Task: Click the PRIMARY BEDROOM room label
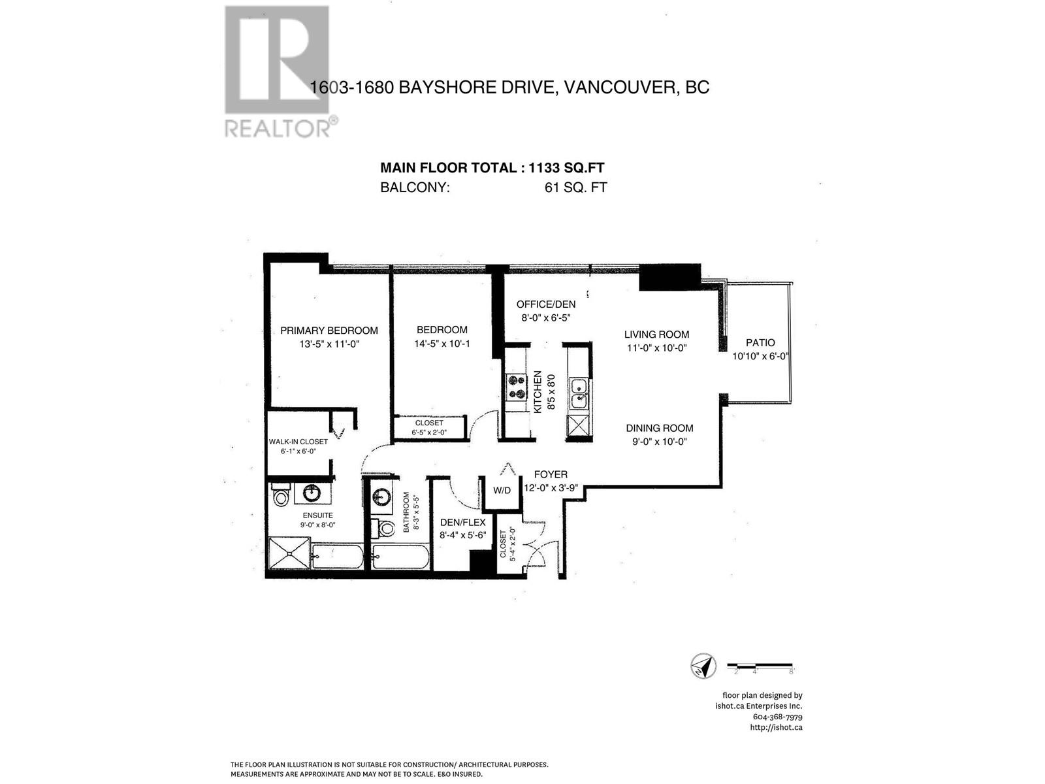(x=329, y=330)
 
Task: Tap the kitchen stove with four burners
(x=517, y=386)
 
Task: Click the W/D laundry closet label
(x=502, y=490)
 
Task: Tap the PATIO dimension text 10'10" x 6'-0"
(x=761, y=356)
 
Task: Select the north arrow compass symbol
(x=703, y=666)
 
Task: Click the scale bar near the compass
(x=760, y=666)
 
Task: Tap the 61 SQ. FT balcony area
(x=575, y=188)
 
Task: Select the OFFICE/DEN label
(x=546, y=304)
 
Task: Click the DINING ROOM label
(x=659, y=428)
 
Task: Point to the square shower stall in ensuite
(x=288, y=553)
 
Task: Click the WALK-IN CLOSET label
(x=298, y=442)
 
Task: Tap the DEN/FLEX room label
(x=462, y=522)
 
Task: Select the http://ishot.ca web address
(x=776, y=727)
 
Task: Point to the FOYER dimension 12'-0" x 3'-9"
(x=551, y=487)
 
